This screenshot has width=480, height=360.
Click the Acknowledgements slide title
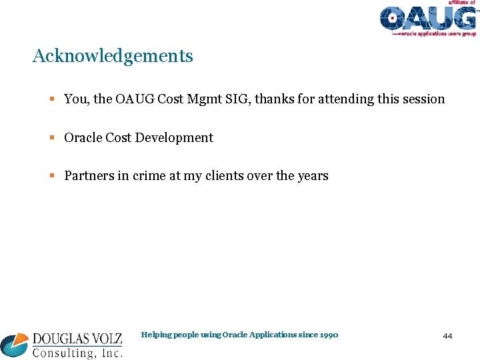tap(113, 57)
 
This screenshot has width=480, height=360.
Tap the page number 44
tap(447, 336)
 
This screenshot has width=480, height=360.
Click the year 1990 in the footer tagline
tap(329, 335)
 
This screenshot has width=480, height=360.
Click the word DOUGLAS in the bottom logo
tap(62, 339)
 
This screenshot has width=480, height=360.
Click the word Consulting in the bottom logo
tap(61, 353)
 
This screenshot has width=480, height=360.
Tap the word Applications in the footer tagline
tap(273, 335)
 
